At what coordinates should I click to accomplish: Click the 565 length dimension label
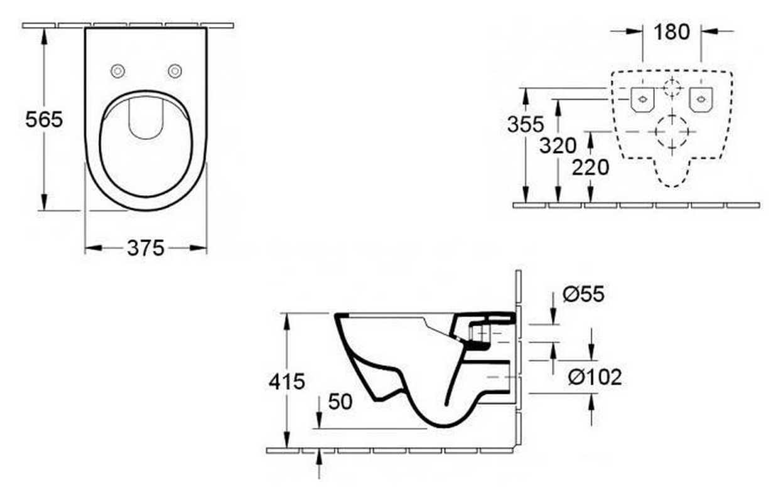pyautogui.click(x=44, y=119)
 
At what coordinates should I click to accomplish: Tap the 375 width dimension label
pyautogui.click(x=146, y=248)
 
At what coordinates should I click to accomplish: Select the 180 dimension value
pyautogui.click(x=671, y=32)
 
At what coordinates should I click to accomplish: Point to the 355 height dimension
pyautogui.click(x=526, y=124)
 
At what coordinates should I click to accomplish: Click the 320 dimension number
pyautogui.click(x=558, y=146)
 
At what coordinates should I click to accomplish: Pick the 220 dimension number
pyautogui.click(x=590, y=168)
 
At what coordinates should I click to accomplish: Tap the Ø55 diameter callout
pyautogui.click(x=583, y=294)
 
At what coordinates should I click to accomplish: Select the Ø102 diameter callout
pyautogui.click(x=595, y=377)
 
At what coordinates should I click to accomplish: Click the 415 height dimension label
pyautogui.click(x=286, y=381)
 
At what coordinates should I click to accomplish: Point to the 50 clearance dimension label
pyautogui.click(x=340, y=402)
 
